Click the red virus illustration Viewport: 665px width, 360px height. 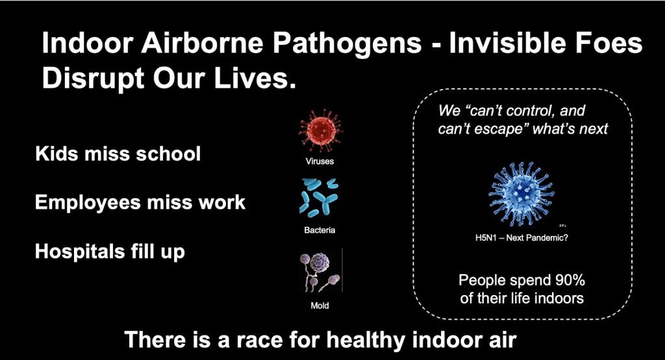(x=321, y=130)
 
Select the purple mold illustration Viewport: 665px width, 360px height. (x=320, y=272)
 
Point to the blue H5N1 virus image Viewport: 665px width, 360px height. (x=521, y=194)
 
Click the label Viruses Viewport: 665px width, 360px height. (x=320, y=161)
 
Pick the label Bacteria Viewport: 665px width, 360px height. (x=320, y=230)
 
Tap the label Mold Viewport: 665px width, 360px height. (x=320, y=305)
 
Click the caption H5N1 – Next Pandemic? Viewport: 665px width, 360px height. (x=521, y=238)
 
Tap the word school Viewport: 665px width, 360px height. (x=168, y=153)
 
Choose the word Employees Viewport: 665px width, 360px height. (x=88, y=203)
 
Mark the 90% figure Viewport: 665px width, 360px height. (x=570, y=280)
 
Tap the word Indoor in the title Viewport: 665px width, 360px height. (x=88, y=44)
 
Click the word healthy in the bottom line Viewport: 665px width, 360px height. (x=366, y=341)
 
